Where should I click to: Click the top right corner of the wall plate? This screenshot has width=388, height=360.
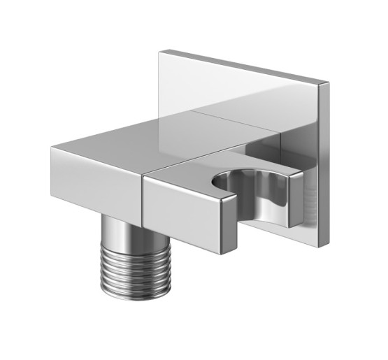coord(329,84)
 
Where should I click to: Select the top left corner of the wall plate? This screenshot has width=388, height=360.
coord(160,50)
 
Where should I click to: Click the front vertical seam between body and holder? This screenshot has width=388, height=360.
coord(144,203)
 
